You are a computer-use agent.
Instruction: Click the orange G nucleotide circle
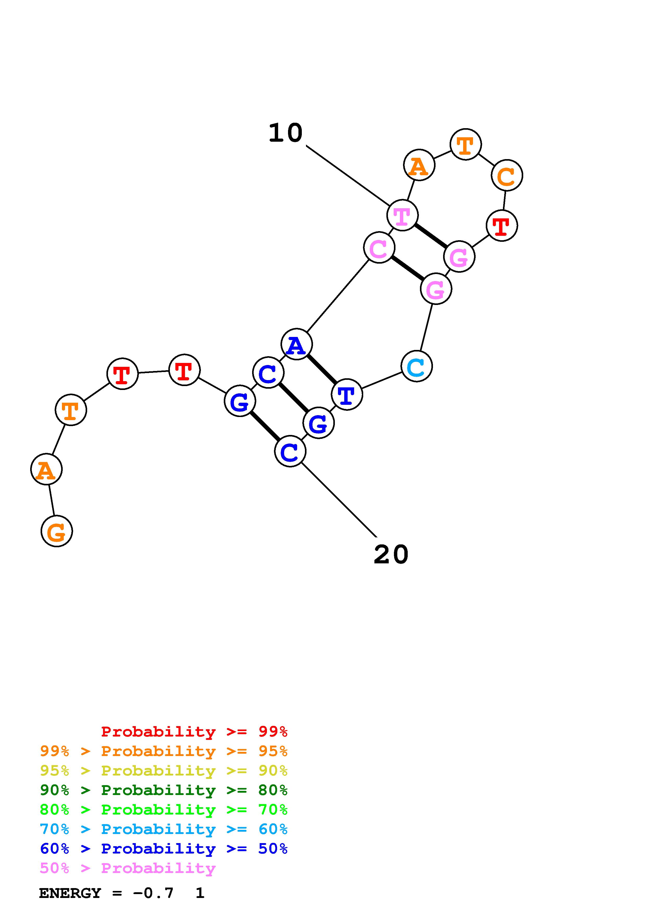tap(57, 531)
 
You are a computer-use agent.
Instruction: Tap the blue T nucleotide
tap(347, 394)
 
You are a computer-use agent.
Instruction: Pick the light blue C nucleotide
tap(417, 367)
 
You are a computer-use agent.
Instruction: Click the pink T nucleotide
tap(402, 215)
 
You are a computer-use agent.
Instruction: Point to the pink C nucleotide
tap(379, 248)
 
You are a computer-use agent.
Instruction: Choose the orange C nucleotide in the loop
tap(507, 175)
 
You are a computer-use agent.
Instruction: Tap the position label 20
tap(391, 555)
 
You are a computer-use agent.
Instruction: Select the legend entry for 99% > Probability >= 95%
tap(163, 751)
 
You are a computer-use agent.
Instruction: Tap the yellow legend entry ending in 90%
tap(163, 771)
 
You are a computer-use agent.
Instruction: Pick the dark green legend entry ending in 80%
tap(163, 790)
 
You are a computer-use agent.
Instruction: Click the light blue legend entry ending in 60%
tap(163, 829)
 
